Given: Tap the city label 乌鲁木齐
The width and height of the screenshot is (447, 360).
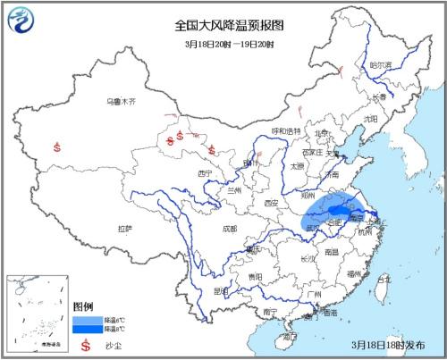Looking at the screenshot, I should (x=119, y=103).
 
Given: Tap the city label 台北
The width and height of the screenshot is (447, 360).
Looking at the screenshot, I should (x=384, y=280).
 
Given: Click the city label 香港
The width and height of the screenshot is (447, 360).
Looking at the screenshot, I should (x=330, y=314).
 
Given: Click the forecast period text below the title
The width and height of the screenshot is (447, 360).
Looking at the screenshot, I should (x=223, y=44).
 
